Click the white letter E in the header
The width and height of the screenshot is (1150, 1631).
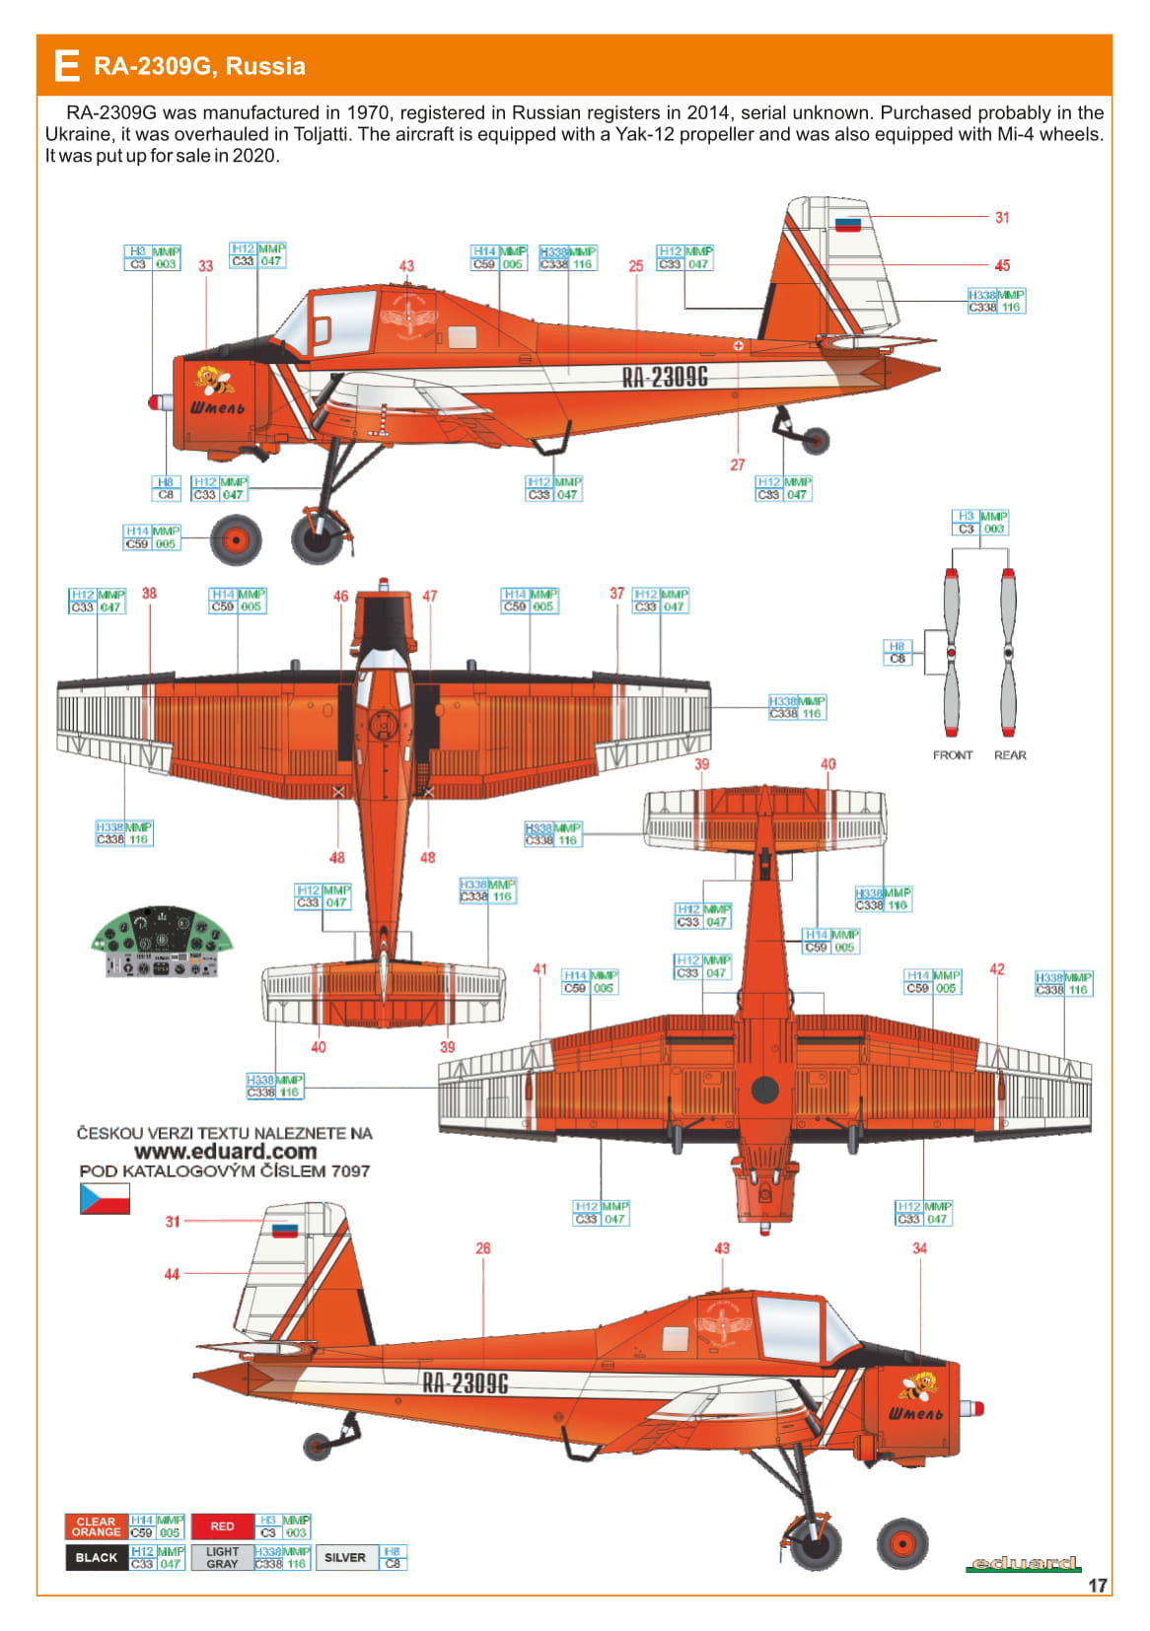[x=66, y=66]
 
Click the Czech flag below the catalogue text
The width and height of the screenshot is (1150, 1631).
[x=105, y=1198]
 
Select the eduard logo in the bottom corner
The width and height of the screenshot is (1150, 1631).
[x=1026, y=1563]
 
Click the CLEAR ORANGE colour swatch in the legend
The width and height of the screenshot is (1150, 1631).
[x=96, y=1526]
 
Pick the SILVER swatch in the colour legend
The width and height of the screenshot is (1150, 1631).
[x=345, y=1558]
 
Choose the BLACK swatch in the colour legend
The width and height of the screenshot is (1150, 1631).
[x=96, y=1558]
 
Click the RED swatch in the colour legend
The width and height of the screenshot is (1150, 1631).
[x=222, y=1526]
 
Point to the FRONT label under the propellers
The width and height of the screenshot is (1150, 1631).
[x=953, y=755]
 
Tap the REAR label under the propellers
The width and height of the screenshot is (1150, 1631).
[x=1010, y=755]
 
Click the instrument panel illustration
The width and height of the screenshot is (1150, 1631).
[x=162, y=943]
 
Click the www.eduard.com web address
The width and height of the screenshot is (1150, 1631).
[x=225, y=1152]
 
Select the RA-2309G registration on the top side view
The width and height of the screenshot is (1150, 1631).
[x=665, y=377]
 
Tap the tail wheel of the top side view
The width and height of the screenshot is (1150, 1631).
[x=816, y=441]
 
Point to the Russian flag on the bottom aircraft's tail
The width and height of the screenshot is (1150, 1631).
[x=285, y=1230]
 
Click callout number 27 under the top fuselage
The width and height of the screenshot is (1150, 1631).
[x=738, y=464]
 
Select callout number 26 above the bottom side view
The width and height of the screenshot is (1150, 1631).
[x=483, y=1248]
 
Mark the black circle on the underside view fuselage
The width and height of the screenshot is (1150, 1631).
[x=765, y=1090]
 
